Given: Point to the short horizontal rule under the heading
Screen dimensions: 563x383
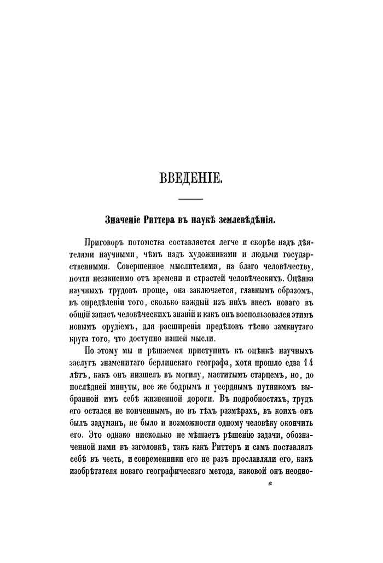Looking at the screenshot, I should click(191, 198).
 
